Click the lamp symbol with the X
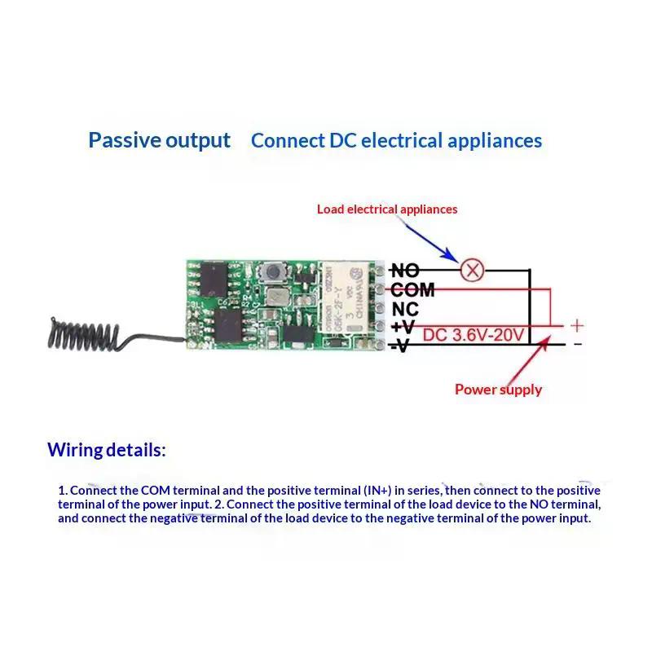[471, 270]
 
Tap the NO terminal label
[405, 271]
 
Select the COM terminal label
[412, 290]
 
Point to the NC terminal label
[405, 310]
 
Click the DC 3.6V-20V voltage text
[473, 334]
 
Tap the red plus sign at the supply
[576, 325]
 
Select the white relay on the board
[348, 299]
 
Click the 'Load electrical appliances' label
[387, 209]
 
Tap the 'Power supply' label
[498, 390]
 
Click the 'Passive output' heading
[160, 140]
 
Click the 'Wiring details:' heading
[106, 450]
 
